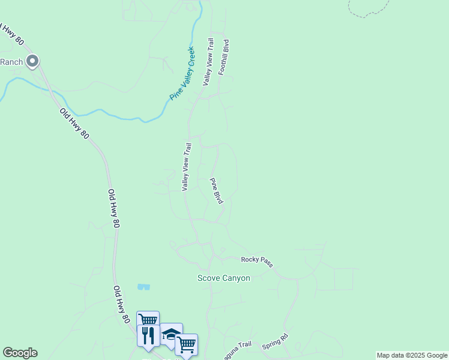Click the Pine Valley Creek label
pyautogui.click(x=182, y=73)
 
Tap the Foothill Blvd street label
pyautogui.click(x=223, y=58)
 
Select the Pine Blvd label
pyautogui.click(x=216, y=191)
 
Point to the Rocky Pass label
pyautogui.click(x=257, y=260)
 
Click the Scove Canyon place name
pyautogui.click(x=224, y=278)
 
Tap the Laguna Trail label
pyautogui.click(x=238, y=348)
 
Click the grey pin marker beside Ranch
pyautogui.click(x=32, y=61)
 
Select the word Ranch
pyautogui.click(x=11, y=62)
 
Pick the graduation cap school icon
pyautogui.click(x=171, y=333)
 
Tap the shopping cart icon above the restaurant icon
pyautogui.click(x=148, y=319)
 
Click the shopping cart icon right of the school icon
pyautogui.click(x=186, y=344)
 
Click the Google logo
pyautogui.click(x=20, y=353)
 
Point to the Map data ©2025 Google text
pyautogui.click(x=412, y=355)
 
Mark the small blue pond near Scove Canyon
pyautogui.click(x=143, y=287)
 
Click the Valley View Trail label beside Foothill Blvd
pyautogui.click(x=208, y=62)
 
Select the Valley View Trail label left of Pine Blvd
pyautogui.click(x=187, y=167)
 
